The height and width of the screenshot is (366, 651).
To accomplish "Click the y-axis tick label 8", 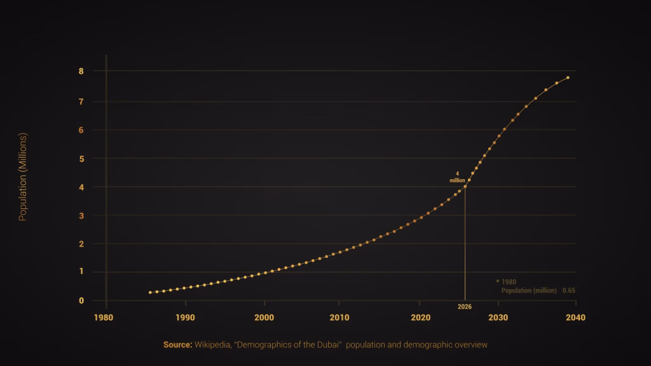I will (81, 71).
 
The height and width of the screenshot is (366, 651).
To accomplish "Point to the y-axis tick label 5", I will (81, 158).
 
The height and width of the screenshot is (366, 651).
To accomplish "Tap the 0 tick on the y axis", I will (81, 301).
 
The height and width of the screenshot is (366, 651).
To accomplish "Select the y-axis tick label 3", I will (81, 215).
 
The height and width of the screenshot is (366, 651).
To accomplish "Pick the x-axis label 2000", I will (264, 317).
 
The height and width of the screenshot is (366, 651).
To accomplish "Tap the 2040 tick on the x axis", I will (575, 317).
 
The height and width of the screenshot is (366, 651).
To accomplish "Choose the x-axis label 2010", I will (340, 317).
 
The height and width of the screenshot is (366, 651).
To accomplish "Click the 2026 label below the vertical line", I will (464, 307).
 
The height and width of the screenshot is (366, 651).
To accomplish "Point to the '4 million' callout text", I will (458, 177).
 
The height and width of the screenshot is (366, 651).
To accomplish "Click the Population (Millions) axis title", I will (23, 177).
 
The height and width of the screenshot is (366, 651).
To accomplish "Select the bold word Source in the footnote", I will (177, 344).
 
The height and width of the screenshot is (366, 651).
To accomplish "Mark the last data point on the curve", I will (568, 78).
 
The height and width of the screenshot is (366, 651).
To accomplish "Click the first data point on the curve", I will (150, 292).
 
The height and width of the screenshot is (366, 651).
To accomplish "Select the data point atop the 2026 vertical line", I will (465, 186).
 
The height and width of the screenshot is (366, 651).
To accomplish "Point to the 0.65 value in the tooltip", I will (568, 290).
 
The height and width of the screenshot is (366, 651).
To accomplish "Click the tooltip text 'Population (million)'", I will (528, 290).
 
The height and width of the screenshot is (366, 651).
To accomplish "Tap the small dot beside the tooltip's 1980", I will (497, 281).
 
